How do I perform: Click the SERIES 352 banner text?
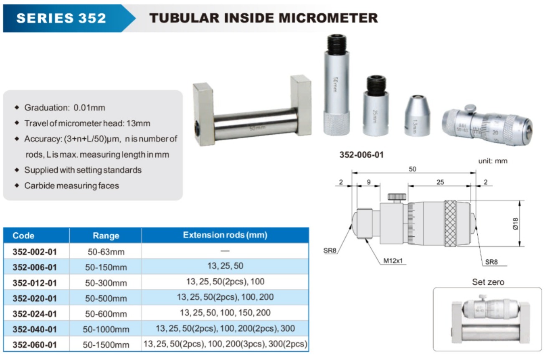pos(61,18)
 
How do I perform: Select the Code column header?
pos(23,236)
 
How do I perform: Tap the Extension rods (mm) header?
pos(225,235)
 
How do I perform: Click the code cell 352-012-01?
pos(35,283)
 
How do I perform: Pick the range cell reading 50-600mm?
pos(106,314)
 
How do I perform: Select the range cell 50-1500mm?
pos(106,345)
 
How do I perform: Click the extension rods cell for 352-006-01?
pos(225,266)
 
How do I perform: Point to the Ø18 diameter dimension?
pos(515,224)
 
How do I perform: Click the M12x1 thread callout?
pos(393,261)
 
